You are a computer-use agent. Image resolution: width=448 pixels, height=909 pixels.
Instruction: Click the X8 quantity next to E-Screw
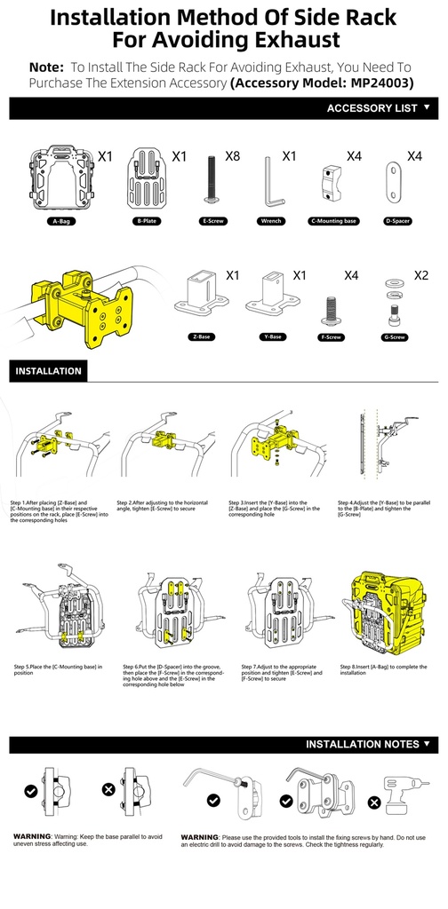pos(233,156)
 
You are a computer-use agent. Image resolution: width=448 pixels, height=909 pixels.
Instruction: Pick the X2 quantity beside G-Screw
pos(420,275)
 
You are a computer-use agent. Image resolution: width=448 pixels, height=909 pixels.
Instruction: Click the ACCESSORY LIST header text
pos(372,108)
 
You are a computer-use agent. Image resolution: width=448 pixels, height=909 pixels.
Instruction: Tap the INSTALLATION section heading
pos(48,371)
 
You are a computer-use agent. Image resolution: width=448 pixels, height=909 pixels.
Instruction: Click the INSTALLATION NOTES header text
pos(362,744)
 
